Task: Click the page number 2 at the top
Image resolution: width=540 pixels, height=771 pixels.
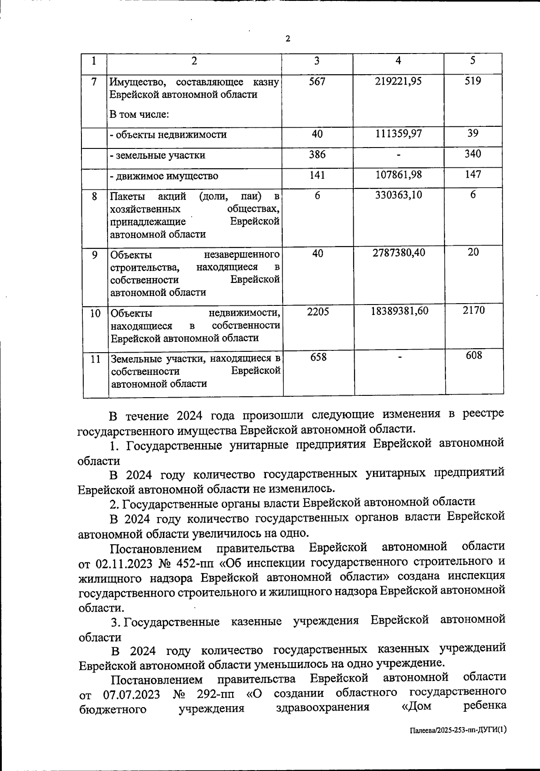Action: [288, 39]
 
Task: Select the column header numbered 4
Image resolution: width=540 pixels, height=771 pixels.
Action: [398, 61]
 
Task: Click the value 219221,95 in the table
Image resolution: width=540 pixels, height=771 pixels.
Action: [398, 82]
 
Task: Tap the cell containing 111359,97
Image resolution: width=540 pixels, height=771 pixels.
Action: [398, 134]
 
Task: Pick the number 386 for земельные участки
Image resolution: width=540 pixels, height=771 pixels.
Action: [317, 154]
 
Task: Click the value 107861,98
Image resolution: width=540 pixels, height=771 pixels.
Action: [398, 175]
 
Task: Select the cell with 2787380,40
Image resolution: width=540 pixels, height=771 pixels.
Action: [398, 253]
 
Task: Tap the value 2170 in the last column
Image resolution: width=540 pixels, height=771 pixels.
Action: [473, 310]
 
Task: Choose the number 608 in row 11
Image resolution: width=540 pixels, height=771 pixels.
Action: [473, 356]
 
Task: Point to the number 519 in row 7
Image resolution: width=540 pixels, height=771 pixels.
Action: [473, 81]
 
